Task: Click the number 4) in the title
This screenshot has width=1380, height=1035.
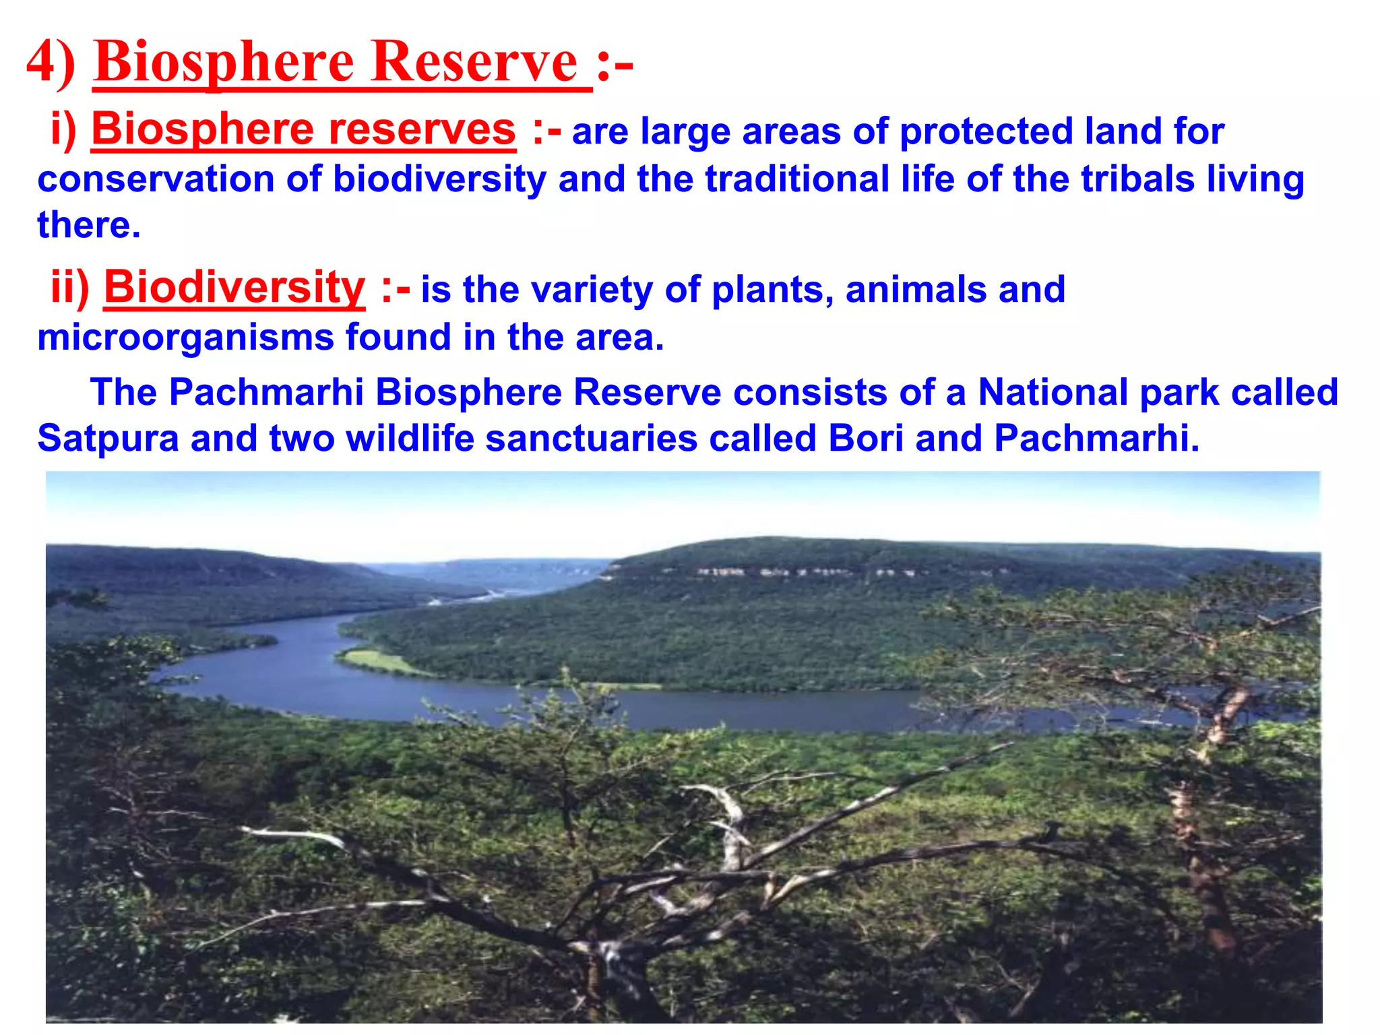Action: click(x=51, y=62)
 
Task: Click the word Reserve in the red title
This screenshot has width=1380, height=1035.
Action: click(x=474, y=62)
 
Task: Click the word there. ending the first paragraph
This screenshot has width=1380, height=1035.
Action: click(x=88, y=225)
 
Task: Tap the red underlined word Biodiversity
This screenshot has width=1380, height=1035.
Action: click(x=234, y=287)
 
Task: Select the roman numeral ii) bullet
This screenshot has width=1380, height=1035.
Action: click(x=70, y=287)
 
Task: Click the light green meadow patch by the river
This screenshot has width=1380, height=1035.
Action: click(x=381, y=661)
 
